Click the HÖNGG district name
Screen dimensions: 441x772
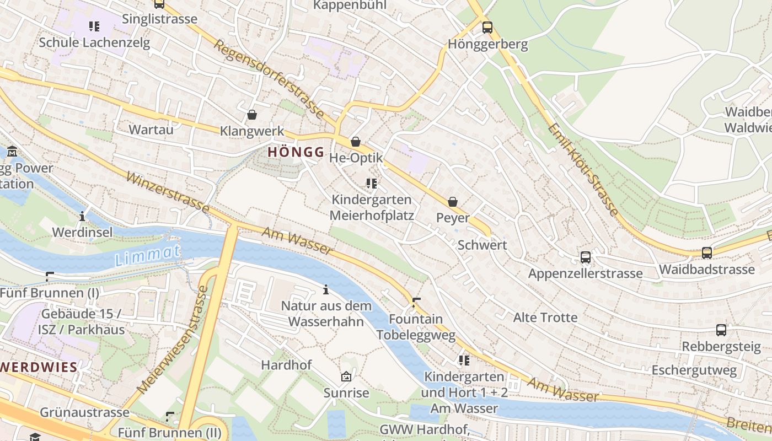pos(296,152)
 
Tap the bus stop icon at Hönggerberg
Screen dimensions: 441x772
pos(487,28)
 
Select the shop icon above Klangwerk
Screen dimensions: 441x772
pos(252,115)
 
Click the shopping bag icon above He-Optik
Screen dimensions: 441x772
pos(356,142)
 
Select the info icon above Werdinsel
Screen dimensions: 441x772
pos(82,216)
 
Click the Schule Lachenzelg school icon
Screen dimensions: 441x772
pos(94,26)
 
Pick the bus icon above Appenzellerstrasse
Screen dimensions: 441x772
pos(586,257)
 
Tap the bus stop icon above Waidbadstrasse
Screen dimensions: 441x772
pos(706,253)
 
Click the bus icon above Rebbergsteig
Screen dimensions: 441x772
pos(721,330)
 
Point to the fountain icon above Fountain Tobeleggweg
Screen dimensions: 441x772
pos(416,303)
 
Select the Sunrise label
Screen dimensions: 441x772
pos(346,393)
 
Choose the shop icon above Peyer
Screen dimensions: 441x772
pos(453,202)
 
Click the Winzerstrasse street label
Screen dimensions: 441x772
pos(168,192)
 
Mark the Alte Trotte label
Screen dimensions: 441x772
pos(545,318)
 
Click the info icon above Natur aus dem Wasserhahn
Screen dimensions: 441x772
pos(326,289)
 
